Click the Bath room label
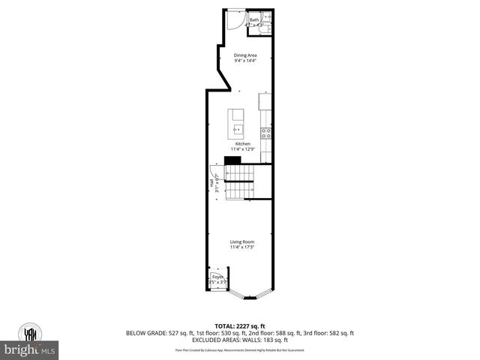(254, 19)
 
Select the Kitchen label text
(242, 143)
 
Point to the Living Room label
(242, 241)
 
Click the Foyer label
(217, 277)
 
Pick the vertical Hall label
(212, 182)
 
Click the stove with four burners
(265, 133)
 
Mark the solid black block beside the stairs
(233, 160)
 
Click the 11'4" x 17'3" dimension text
(242, 247)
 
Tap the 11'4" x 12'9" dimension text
(242, 149)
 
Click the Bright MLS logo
(30, 349)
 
